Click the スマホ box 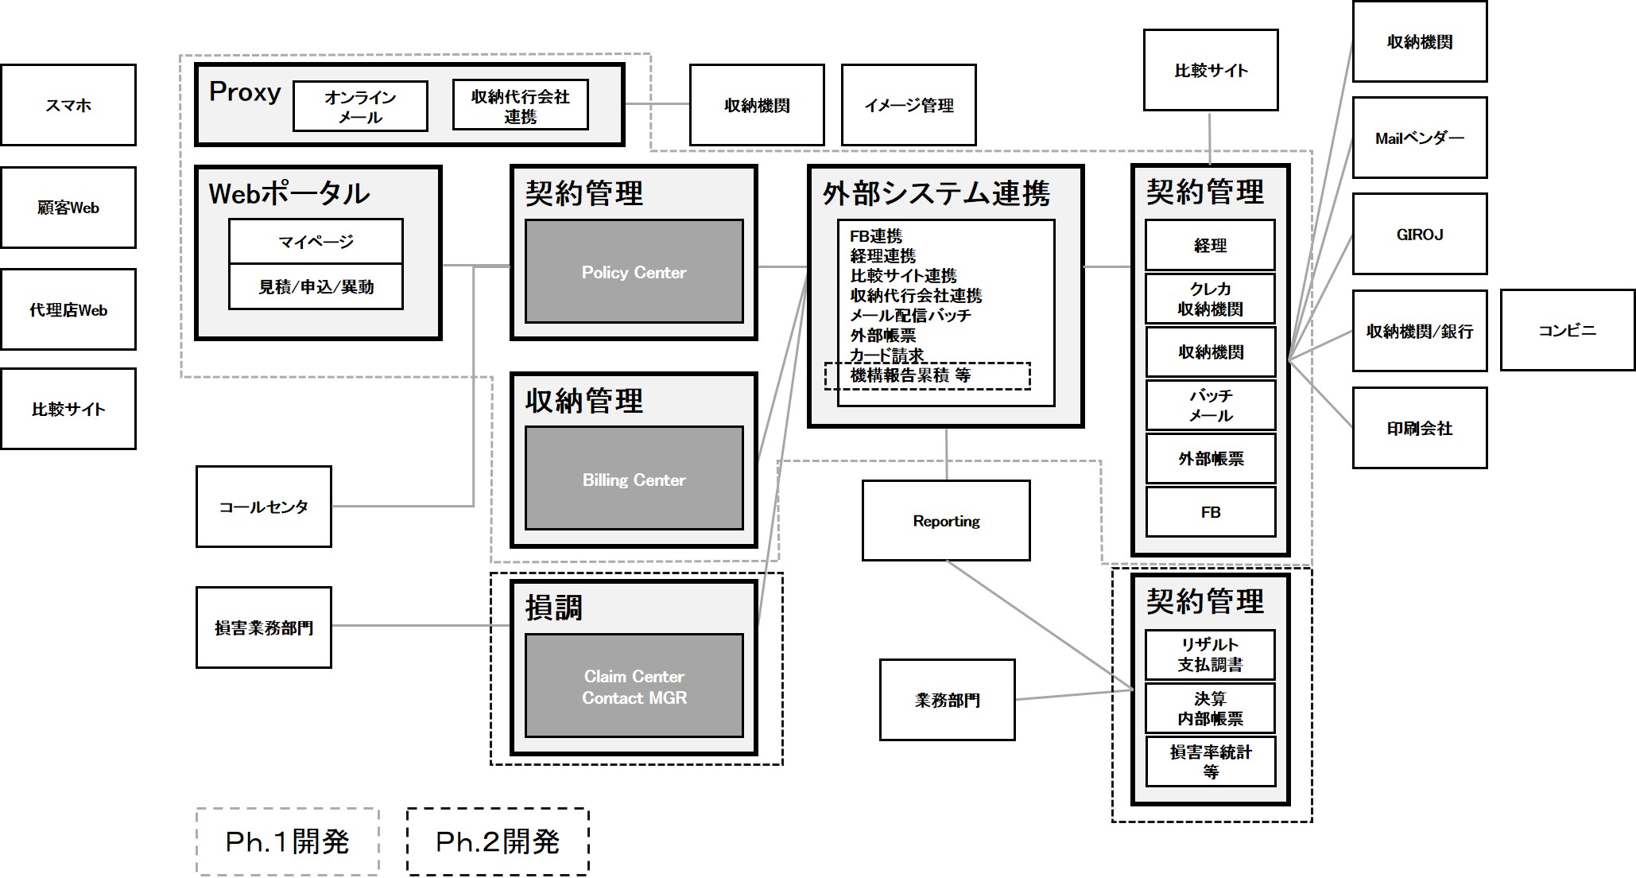click(68, 105)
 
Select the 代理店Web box click(68, 309)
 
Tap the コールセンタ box click(263, 507)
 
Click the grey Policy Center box click(634, 272)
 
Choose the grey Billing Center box click(634, 479)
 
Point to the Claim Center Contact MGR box click(634, 686)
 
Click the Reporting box click(946, 521)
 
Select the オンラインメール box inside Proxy click(360, 106)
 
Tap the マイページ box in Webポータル click(316, 241)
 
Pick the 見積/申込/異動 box click(316, 286)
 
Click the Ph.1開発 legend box click(287, 841)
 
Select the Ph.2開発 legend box click(498, 841)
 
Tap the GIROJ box click(1420, 234)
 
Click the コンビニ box click(1567, 330)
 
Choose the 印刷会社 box click(1420, 428)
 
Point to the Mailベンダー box click(1420, 138)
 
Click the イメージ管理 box click(909, 105)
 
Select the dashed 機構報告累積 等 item click(927, 375)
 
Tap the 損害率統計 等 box click(1210, 761)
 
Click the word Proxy click(245, 92)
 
